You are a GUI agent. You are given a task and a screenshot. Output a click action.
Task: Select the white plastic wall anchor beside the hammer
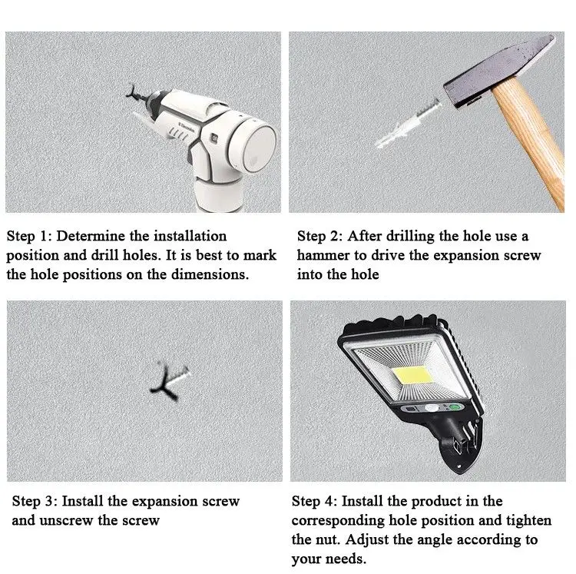pyautogui.click(x=408, y=122)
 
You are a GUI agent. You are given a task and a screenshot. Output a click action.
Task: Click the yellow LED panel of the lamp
pyautogui.click(x=413, y=375)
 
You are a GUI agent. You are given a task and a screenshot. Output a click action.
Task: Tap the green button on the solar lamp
pyautogui.click(x=455, y=407)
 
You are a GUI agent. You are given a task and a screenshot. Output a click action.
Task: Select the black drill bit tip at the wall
pyautogui.click(x=135, y=93)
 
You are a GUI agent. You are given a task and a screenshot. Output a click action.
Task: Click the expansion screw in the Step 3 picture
pyautogui.click(x=170, y=382)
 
